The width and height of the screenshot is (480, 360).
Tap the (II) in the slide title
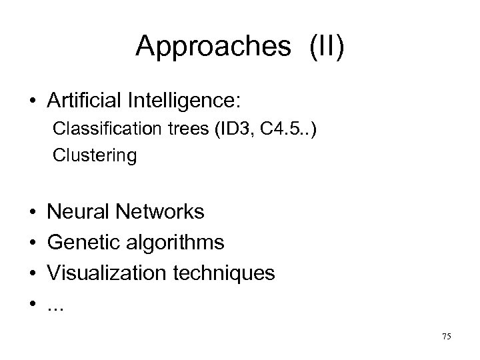coord(326,47)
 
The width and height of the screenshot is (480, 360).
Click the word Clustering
coord(95,156)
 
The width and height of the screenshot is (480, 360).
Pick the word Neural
coord(80,213)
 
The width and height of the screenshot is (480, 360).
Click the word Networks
coord(161,213)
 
